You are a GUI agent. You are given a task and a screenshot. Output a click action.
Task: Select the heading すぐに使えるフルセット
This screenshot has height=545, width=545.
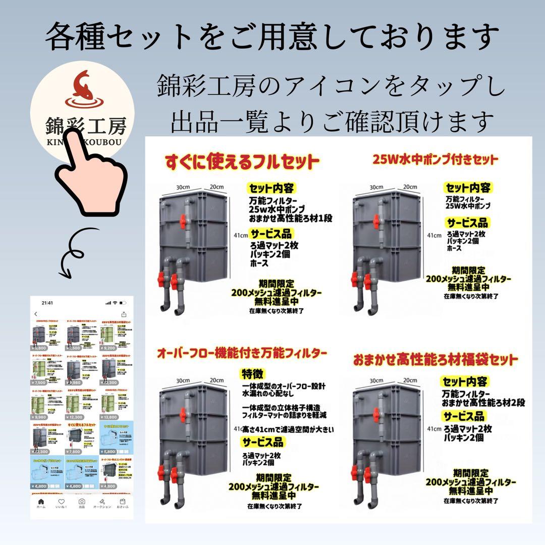tap(242, 162)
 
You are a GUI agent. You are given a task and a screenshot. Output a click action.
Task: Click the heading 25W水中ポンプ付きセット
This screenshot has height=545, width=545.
tap(434, 160)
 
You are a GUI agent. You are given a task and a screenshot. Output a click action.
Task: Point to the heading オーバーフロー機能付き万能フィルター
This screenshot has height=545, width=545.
tap(242, 352)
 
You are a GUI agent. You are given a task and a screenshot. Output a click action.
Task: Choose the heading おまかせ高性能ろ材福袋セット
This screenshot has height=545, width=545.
tap(435, 360)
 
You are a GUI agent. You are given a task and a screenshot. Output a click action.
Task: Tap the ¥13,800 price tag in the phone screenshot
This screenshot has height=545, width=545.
tap(110, 417)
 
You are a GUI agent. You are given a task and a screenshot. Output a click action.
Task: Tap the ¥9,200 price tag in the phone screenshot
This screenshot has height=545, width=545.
tap(110, 348)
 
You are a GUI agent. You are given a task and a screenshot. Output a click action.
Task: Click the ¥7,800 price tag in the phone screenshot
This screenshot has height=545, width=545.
tap(75, 452)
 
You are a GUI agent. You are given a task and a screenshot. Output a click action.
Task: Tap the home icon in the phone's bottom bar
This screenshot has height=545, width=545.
tap(41, 502)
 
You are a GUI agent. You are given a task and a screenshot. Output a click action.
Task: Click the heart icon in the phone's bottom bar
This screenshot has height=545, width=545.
tap(61, 502)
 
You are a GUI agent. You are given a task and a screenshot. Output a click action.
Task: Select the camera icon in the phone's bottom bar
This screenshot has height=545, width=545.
tap(81, 502)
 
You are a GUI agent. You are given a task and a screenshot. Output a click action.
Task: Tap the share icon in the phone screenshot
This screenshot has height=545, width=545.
tap(124, 314)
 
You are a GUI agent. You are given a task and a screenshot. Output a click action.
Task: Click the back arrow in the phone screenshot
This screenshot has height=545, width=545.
tap(36, 314)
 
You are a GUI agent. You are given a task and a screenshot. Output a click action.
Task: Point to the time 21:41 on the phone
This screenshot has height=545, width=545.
tap(47, 303)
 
